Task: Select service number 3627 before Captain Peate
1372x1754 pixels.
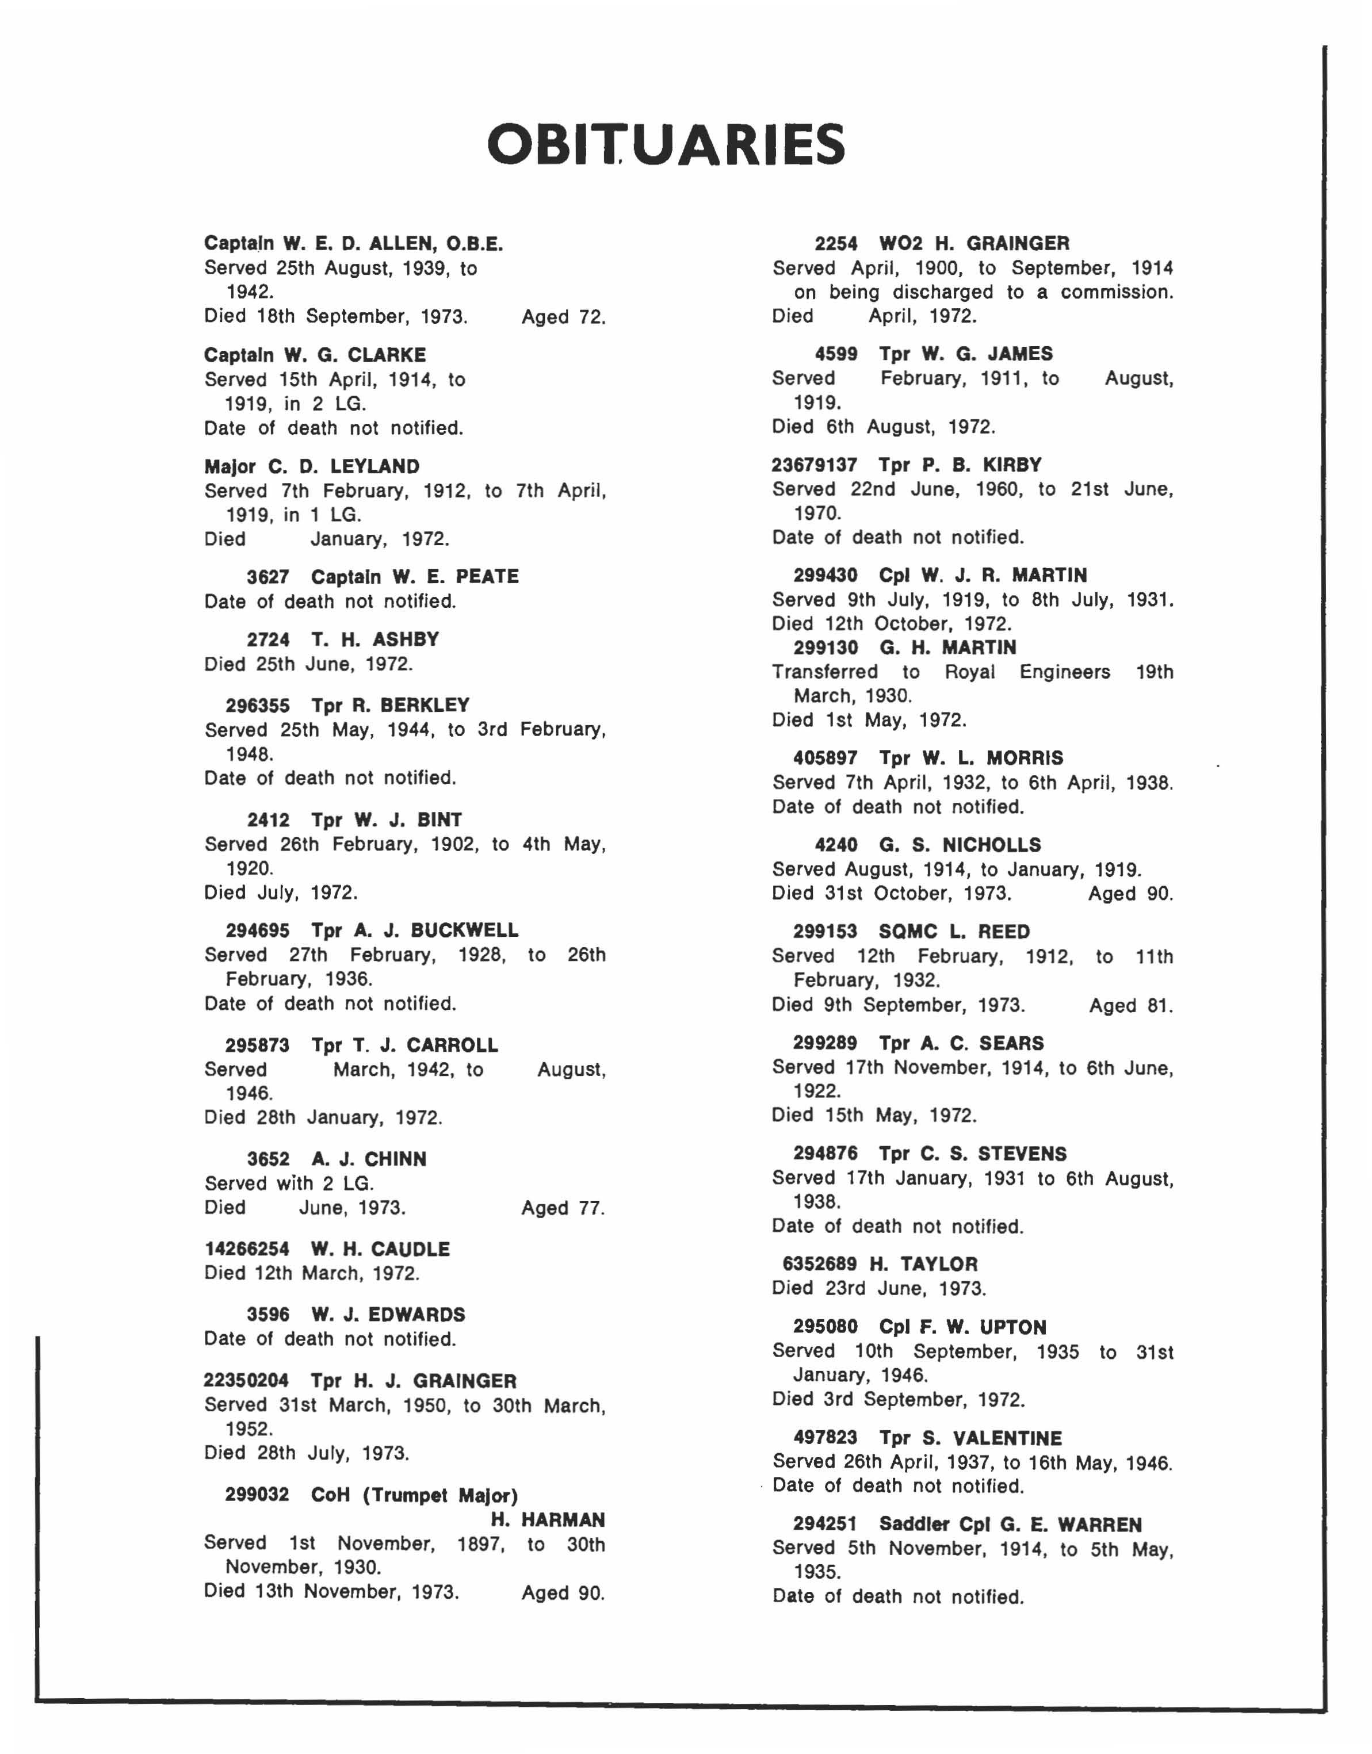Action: pos(267,577)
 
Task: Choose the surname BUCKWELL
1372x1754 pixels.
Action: pos(464,930)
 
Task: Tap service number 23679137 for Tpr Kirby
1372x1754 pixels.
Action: pos(815,465)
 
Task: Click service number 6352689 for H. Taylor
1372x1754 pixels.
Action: pos(819,1264)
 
